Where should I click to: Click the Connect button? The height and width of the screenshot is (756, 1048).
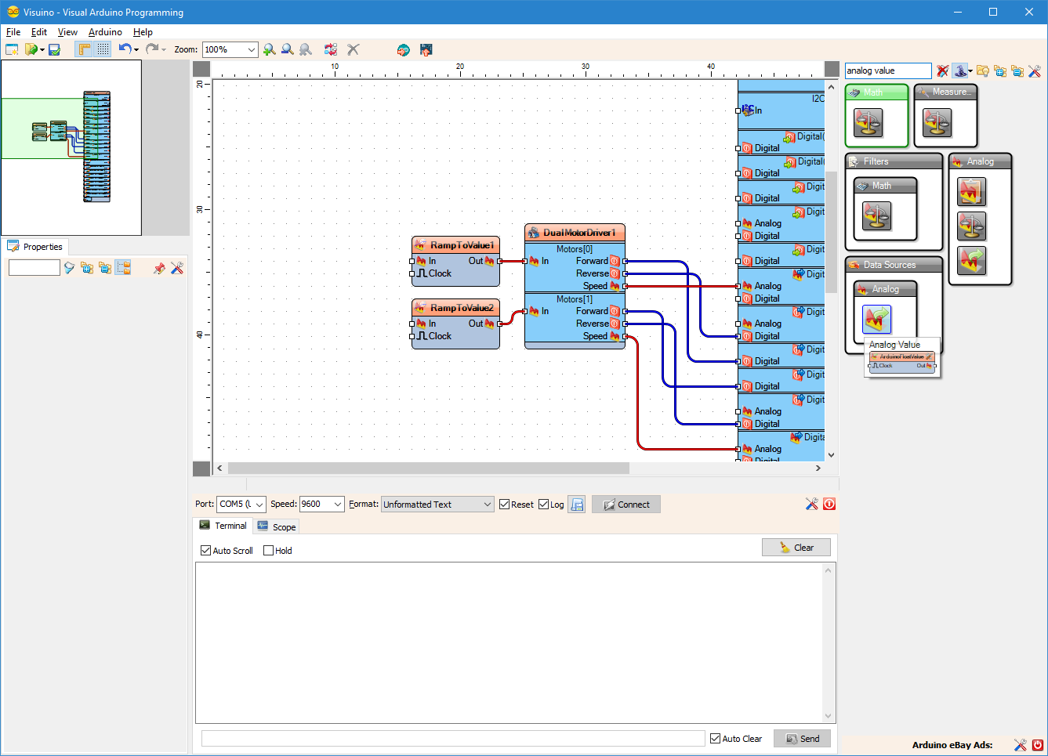[x=626, y=505]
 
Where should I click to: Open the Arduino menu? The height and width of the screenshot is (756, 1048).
[x=105, y=32]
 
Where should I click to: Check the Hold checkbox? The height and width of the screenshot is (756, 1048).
[x=269, y=551]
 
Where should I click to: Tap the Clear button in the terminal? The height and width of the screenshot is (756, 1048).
[x=796, y=548]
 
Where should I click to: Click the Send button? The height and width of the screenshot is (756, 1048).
[x=802, y=739]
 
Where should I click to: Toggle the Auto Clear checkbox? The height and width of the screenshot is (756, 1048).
[x=716, y=739]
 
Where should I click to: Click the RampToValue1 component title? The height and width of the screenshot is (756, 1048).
[x=462, y=245]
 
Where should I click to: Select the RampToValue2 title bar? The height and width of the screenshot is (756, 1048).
[x=462, y=308]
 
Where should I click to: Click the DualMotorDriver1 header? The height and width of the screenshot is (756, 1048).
[x=579, y=233]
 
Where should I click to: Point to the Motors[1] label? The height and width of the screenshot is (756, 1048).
[x=575, y=299]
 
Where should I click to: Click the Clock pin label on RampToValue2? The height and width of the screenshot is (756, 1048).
[x=440, y=336]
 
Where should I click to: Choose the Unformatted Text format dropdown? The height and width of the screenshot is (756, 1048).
[x=437, y=505]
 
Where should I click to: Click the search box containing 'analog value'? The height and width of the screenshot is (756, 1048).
[x=887, y=71]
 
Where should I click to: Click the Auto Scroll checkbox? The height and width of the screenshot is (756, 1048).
[x=206, y=551]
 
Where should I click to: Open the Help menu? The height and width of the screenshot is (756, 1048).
[x=143, y=32]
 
